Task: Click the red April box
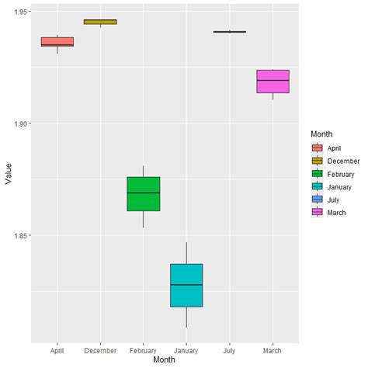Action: pos(57,41)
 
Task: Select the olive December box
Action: pos(100,22)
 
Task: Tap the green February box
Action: pos(144,194)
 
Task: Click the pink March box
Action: pos(273,82)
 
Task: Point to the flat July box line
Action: pos(230,32)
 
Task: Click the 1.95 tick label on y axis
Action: pos(18,12)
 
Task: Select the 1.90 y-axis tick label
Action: pos(18,124)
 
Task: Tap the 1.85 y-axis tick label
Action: pos(18,235)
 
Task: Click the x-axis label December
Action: pos(100,350)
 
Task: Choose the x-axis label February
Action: pos(144,350)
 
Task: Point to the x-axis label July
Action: pos(230,350)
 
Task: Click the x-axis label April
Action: pos(57,350)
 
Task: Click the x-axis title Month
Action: pos(165,360)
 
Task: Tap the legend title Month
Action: pos(321,134)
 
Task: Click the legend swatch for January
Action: pos(317,187)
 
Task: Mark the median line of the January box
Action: pos(186,285)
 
